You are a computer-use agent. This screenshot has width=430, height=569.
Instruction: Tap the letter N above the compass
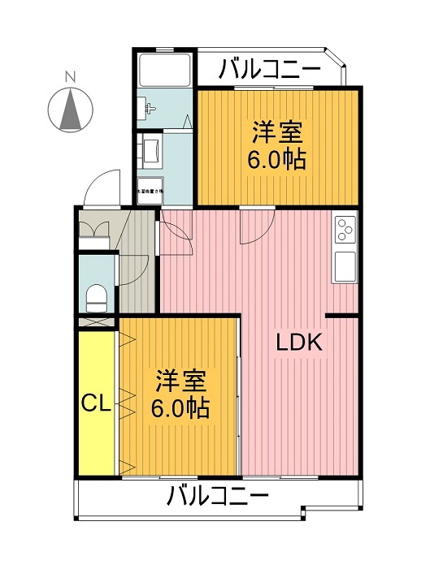point(70,77)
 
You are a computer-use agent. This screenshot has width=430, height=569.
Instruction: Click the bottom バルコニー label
point(217,494)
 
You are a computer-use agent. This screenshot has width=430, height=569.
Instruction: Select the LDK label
point(299,343)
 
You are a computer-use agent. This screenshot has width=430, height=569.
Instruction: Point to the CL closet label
point(96,403)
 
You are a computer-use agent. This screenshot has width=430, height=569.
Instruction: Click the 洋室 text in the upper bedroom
point(277,131)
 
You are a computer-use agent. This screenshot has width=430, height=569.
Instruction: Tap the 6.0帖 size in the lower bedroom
point(180,406)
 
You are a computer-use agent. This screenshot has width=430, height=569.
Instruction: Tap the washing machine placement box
point(150,190)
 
